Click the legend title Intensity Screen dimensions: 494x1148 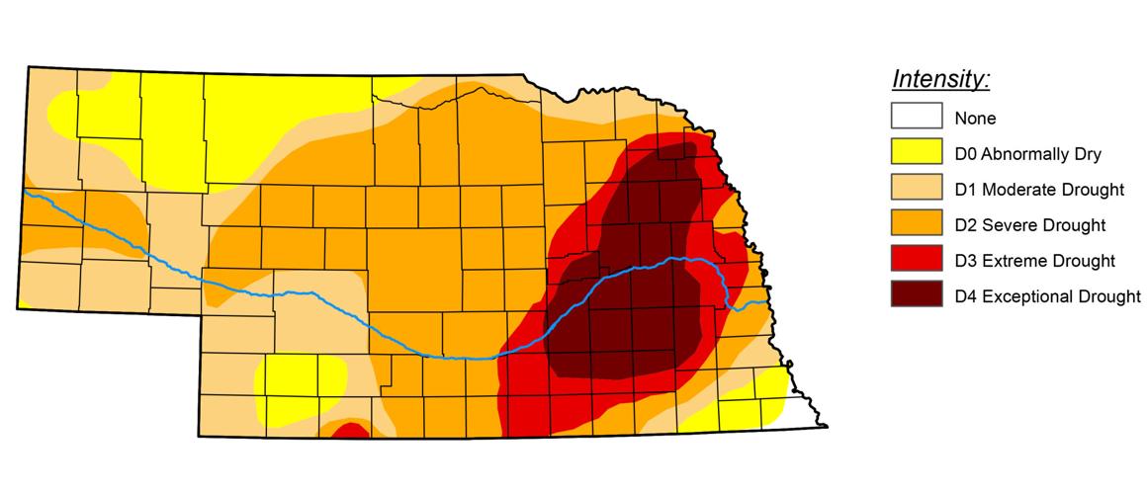[940, 78]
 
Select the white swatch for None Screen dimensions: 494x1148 [916, 118]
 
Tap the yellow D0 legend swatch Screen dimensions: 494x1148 [916, 153]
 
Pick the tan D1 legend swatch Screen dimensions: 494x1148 [916, 189]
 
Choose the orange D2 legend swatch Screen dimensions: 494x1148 [916, 224]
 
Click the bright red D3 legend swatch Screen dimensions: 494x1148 [916, 260]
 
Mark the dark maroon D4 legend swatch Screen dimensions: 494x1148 [916, 294]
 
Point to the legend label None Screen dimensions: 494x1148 [975, 119]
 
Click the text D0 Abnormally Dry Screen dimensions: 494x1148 [1027, 154]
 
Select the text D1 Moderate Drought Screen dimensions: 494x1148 [1039, 190]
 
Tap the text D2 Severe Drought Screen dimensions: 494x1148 [1029, 225]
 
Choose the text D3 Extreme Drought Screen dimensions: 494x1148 [1034, 261]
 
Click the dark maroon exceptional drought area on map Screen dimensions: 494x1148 [633, 316]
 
